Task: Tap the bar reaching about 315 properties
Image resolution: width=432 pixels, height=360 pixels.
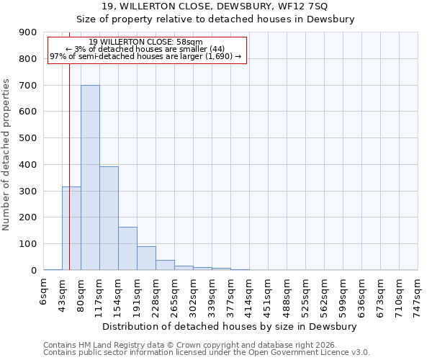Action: (71, 228)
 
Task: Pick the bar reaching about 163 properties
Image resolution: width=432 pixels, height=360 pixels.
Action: (127, 248)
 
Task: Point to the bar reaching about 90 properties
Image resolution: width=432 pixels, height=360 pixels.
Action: (146, 258)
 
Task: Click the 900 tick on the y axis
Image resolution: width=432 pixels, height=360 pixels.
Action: (27, 32)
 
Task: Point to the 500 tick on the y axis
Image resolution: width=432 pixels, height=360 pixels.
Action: (27, 138)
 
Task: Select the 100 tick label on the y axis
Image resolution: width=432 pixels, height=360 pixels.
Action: (27, 244)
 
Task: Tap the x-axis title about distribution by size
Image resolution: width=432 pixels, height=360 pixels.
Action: (230, 326)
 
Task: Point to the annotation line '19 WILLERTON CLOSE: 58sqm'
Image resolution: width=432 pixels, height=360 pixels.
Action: (147, 42)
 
